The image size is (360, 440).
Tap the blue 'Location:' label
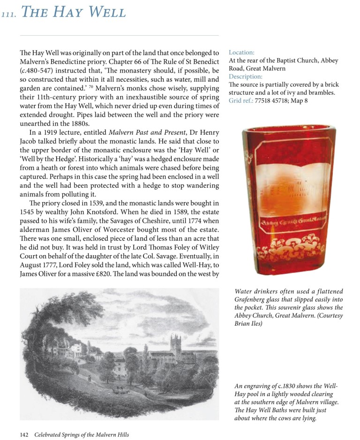click(241, 53)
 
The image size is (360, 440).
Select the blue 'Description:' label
click(246, 76)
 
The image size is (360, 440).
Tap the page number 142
click(24, 434)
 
